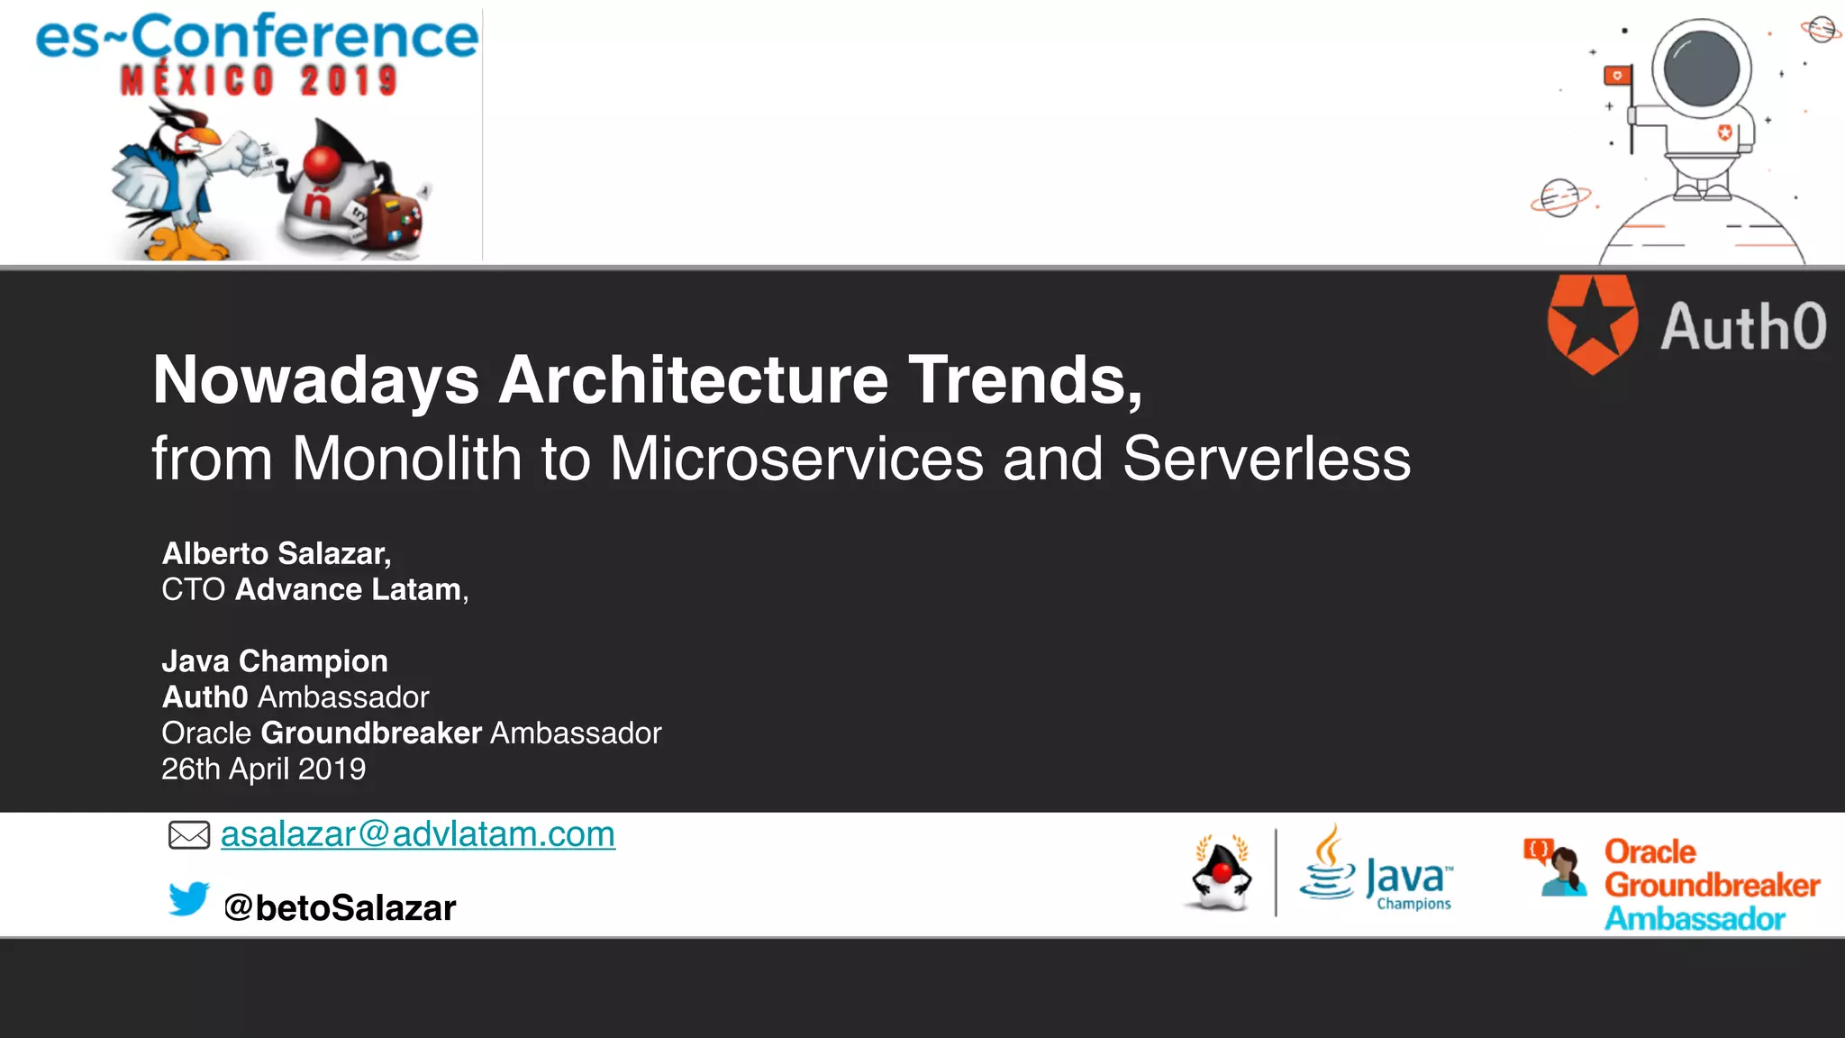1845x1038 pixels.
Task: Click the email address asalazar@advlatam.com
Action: tap(417, 834)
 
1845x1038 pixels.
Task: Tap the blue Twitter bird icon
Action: tap(188, 899)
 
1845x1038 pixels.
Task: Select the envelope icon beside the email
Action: tap(189, 835)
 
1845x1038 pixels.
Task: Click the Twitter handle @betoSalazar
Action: tap(340, 907)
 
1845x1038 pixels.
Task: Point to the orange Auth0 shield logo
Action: tap(1592, 323)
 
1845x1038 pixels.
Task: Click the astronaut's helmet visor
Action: tap(1701, 68)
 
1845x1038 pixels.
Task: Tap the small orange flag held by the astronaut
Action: tap(1617, 76)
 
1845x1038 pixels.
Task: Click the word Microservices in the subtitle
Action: tap(796, 459)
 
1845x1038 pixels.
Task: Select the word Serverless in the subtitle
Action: tap(1266, 459)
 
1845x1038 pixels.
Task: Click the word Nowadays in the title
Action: tap(315, 379)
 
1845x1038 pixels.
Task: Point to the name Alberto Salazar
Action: tap(276, 553)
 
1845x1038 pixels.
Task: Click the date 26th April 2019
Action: tap(263, 769)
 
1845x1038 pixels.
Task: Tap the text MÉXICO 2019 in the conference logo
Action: tap(259, 81)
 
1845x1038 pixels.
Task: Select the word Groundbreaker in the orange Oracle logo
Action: tap(1712, 885)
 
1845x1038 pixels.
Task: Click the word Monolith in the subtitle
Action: tap(406, 459)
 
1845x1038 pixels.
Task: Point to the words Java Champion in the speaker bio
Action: tap(275, 661)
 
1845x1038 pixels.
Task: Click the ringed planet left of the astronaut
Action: tap(1559, 197)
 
